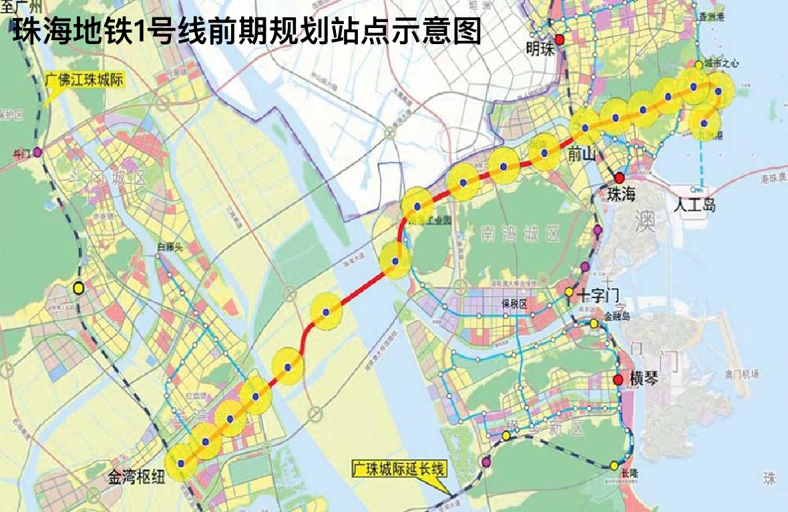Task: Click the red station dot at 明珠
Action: click(560, 39)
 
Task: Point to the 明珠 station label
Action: click(540, 49)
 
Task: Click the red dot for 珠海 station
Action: click(620, 178)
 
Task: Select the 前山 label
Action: click(579, 155)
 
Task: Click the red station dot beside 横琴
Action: click(618, 380)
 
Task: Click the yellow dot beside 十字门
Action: click(569, 292)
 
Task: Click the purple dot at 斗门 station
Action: click(37, 152)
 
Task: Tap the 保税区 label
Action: click(515, 304)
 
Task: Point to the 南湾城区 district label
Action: click(520, 234)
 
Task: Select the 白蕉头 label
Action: click(170, 247)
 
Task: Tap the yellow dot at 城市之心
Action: click(699, 65)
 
